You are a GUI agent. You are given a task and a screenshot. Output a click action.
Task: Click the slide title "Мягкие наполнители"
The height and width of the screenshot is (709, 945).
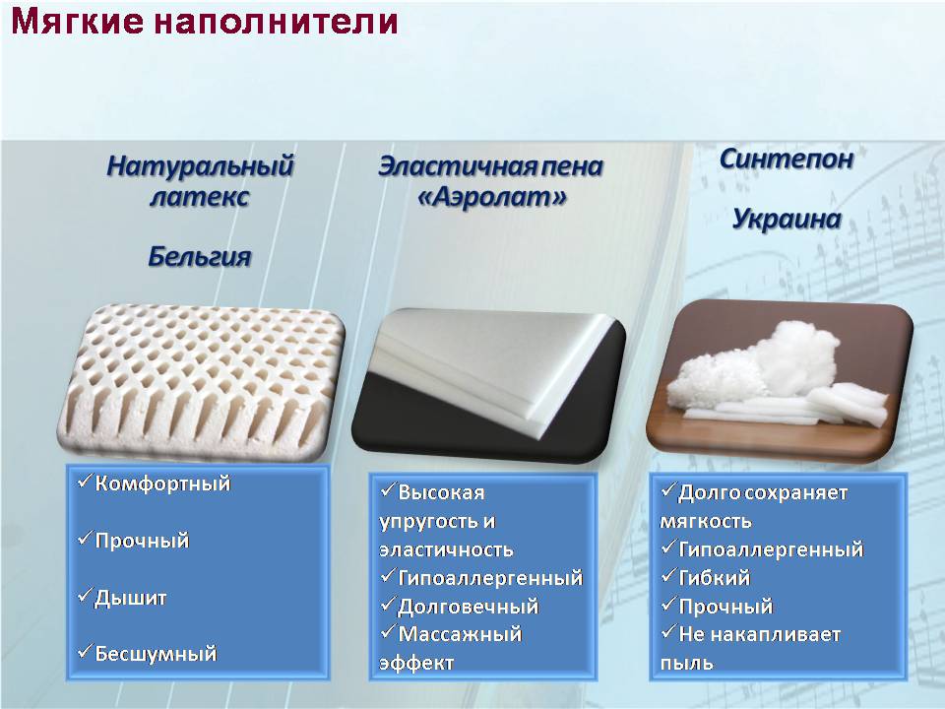tap(205, 21)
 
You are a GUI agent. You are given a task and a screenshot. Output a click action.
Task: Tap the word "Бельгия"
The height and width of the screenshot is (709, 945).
tap(200, 257)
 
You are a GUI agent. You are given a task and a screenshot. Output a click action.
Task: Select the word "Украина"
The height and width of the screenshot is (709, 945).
tap(787, 219)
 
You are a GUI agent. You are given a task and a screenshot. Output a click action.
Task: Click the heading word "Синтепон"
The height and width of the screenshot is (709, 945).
tap(787, 160)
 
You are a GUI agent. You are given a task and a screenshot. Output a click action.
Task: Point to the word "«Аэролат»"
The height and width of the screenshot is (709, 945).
tap(492, 197)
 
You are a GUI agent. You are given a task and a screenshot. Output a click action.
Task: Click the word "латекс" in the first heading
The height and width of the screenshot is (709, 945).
tap(200, 197)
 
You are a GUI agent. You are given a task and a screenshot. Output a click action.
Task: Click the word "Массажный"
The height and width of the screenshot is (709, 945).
tap(460, 634)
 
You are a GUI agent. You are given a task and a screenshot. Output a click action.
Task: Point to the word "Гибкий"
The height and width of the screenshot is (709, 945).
tap(715, 578)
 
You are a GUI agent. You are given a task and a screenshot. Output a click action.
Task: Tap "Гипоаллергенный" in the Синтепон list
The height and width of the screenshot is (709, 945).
tap(771, 549)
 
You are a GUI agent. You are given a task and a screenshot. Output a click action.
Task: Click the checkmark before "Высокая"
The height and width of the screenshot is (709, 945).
tap(388, 489)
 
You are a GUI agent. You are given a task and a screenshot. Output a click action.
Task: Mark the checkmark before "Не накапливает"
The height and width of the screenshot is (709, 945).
tap(667, 631)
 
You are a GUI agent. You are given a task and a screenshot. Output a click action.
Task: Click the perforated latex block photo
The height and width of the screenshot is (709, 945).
tap(201, 382)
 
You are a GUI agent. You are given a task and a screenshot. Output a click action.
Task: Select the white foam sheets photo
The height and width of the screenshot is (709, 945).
tap(489, 385)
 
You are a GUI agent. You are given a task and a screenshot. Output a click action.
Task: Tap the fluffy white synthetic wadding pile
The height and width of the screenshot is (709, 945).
tap(782, 377)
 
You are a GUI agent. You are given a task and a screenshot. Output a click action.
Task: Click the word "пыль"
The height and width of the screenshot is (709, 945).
tap(686, 663)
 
